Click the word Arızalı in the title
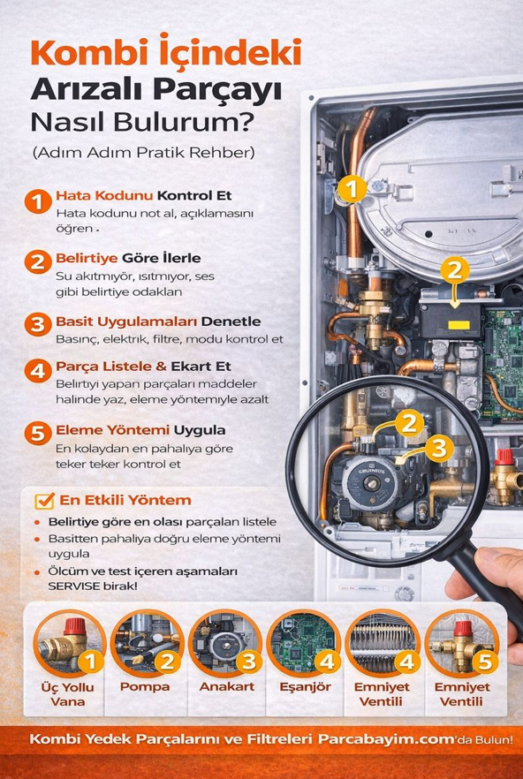88,90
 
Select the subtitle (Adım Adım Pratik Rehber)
143,152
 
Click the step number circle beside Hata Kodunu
37,201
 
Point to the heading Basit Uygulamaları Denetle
158,321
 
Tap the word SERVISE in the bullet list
72,586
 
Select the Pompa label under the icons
145,686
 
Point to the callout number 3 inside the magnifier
437,448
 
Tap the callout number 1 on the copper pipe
352,188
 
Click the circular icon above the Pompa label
147,642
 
